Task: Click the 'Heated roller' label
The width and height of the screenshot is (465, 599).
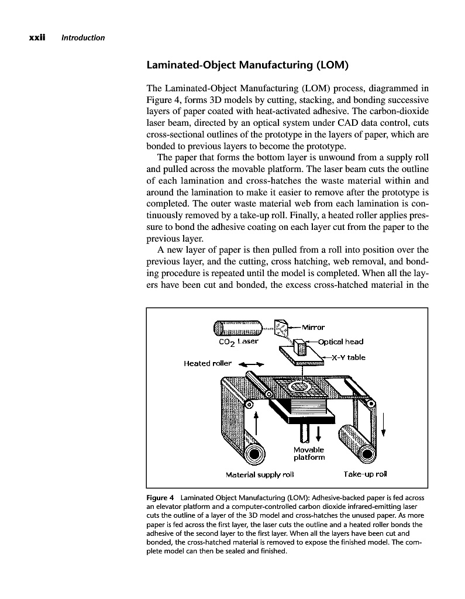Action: click(x=208, y=363)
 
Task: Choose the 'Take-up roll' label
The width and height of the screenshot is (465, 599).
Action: click(x=366, y=473)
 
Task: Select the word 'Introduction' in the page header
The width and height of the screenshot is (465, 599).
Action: click(x=84, y=38)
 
